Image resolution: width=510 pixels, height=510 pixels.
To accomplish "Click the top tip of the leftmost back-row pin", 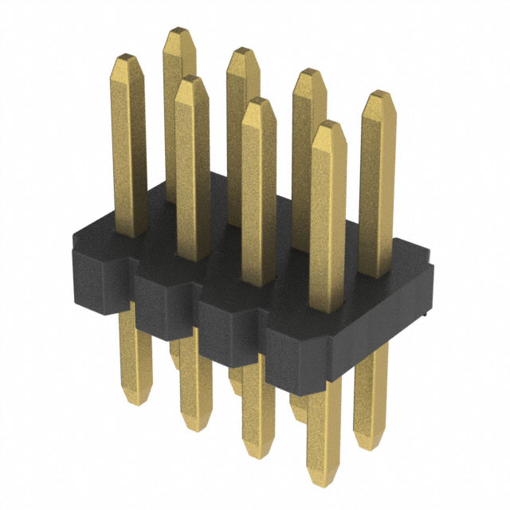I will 179,33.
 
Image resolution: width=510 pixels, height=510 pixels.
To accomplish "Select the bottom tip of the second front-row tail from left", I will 194,426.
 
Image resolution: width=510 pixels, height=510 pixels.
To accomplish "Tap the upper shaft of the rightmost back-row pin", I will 376,183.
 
